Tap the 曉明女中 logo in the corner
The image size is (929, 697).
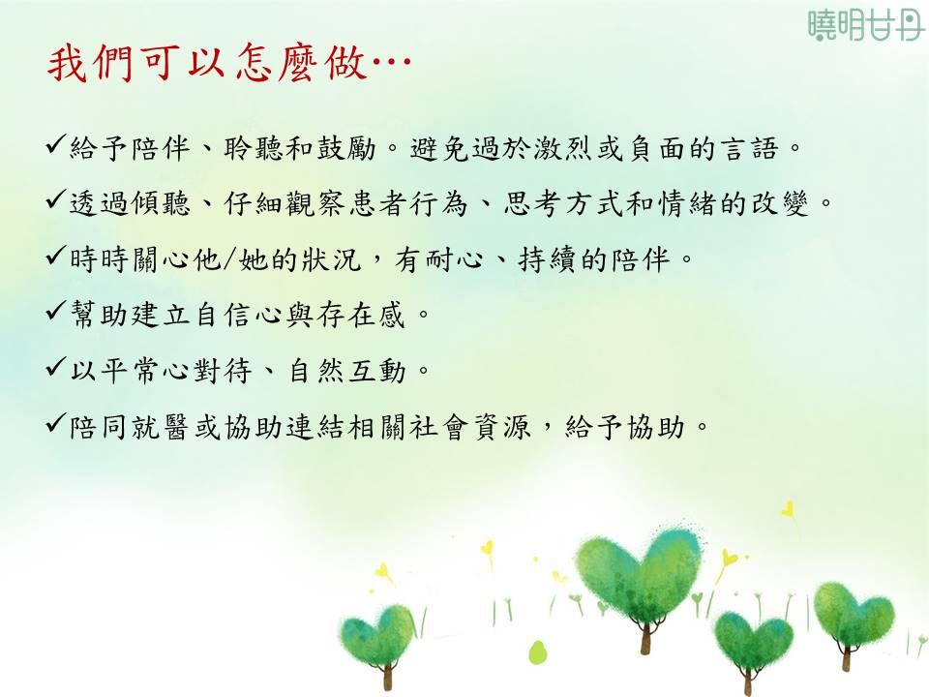coord(866,24)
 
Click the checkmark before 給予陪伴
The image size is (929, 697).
coord(56,144)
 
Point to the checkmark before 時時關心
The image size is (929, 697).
coord(56,256)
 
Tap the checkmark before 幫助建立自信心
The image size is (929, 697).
coord(56,311)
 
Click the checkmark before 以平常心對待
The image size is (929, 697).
coord(56,367)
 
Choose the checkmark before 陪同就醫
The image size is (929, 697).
coord(56,423)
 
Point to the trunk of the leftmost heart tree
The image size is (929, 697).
coord(388,675)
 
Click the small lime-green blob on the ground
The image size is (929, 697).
coord(537,652)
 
